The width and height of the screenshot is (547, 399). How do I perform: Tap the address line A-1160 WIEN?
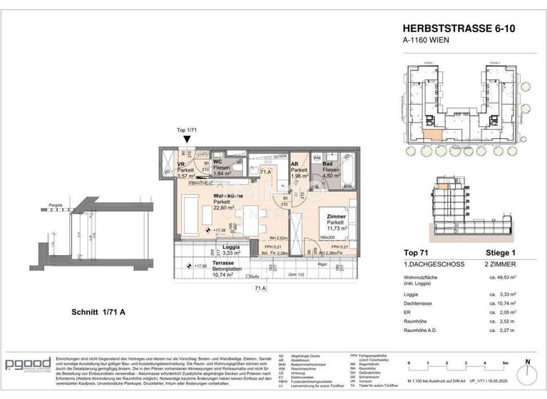click(428, 41)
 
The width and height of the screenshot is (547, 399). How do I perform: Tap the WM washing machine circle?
click(318, 157)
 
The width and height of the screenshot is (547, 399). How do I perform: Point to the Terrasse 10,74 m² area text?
click(226, 274)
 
